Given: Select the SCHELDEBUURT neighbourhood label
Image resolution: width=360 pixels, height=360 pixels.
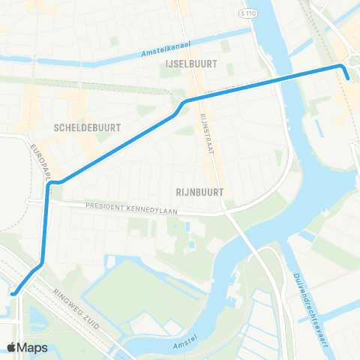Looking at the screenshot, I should coord(88,128).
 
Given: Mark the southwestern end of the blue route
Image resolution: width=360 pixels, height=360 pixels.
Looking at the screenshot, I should coord(13,294).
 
